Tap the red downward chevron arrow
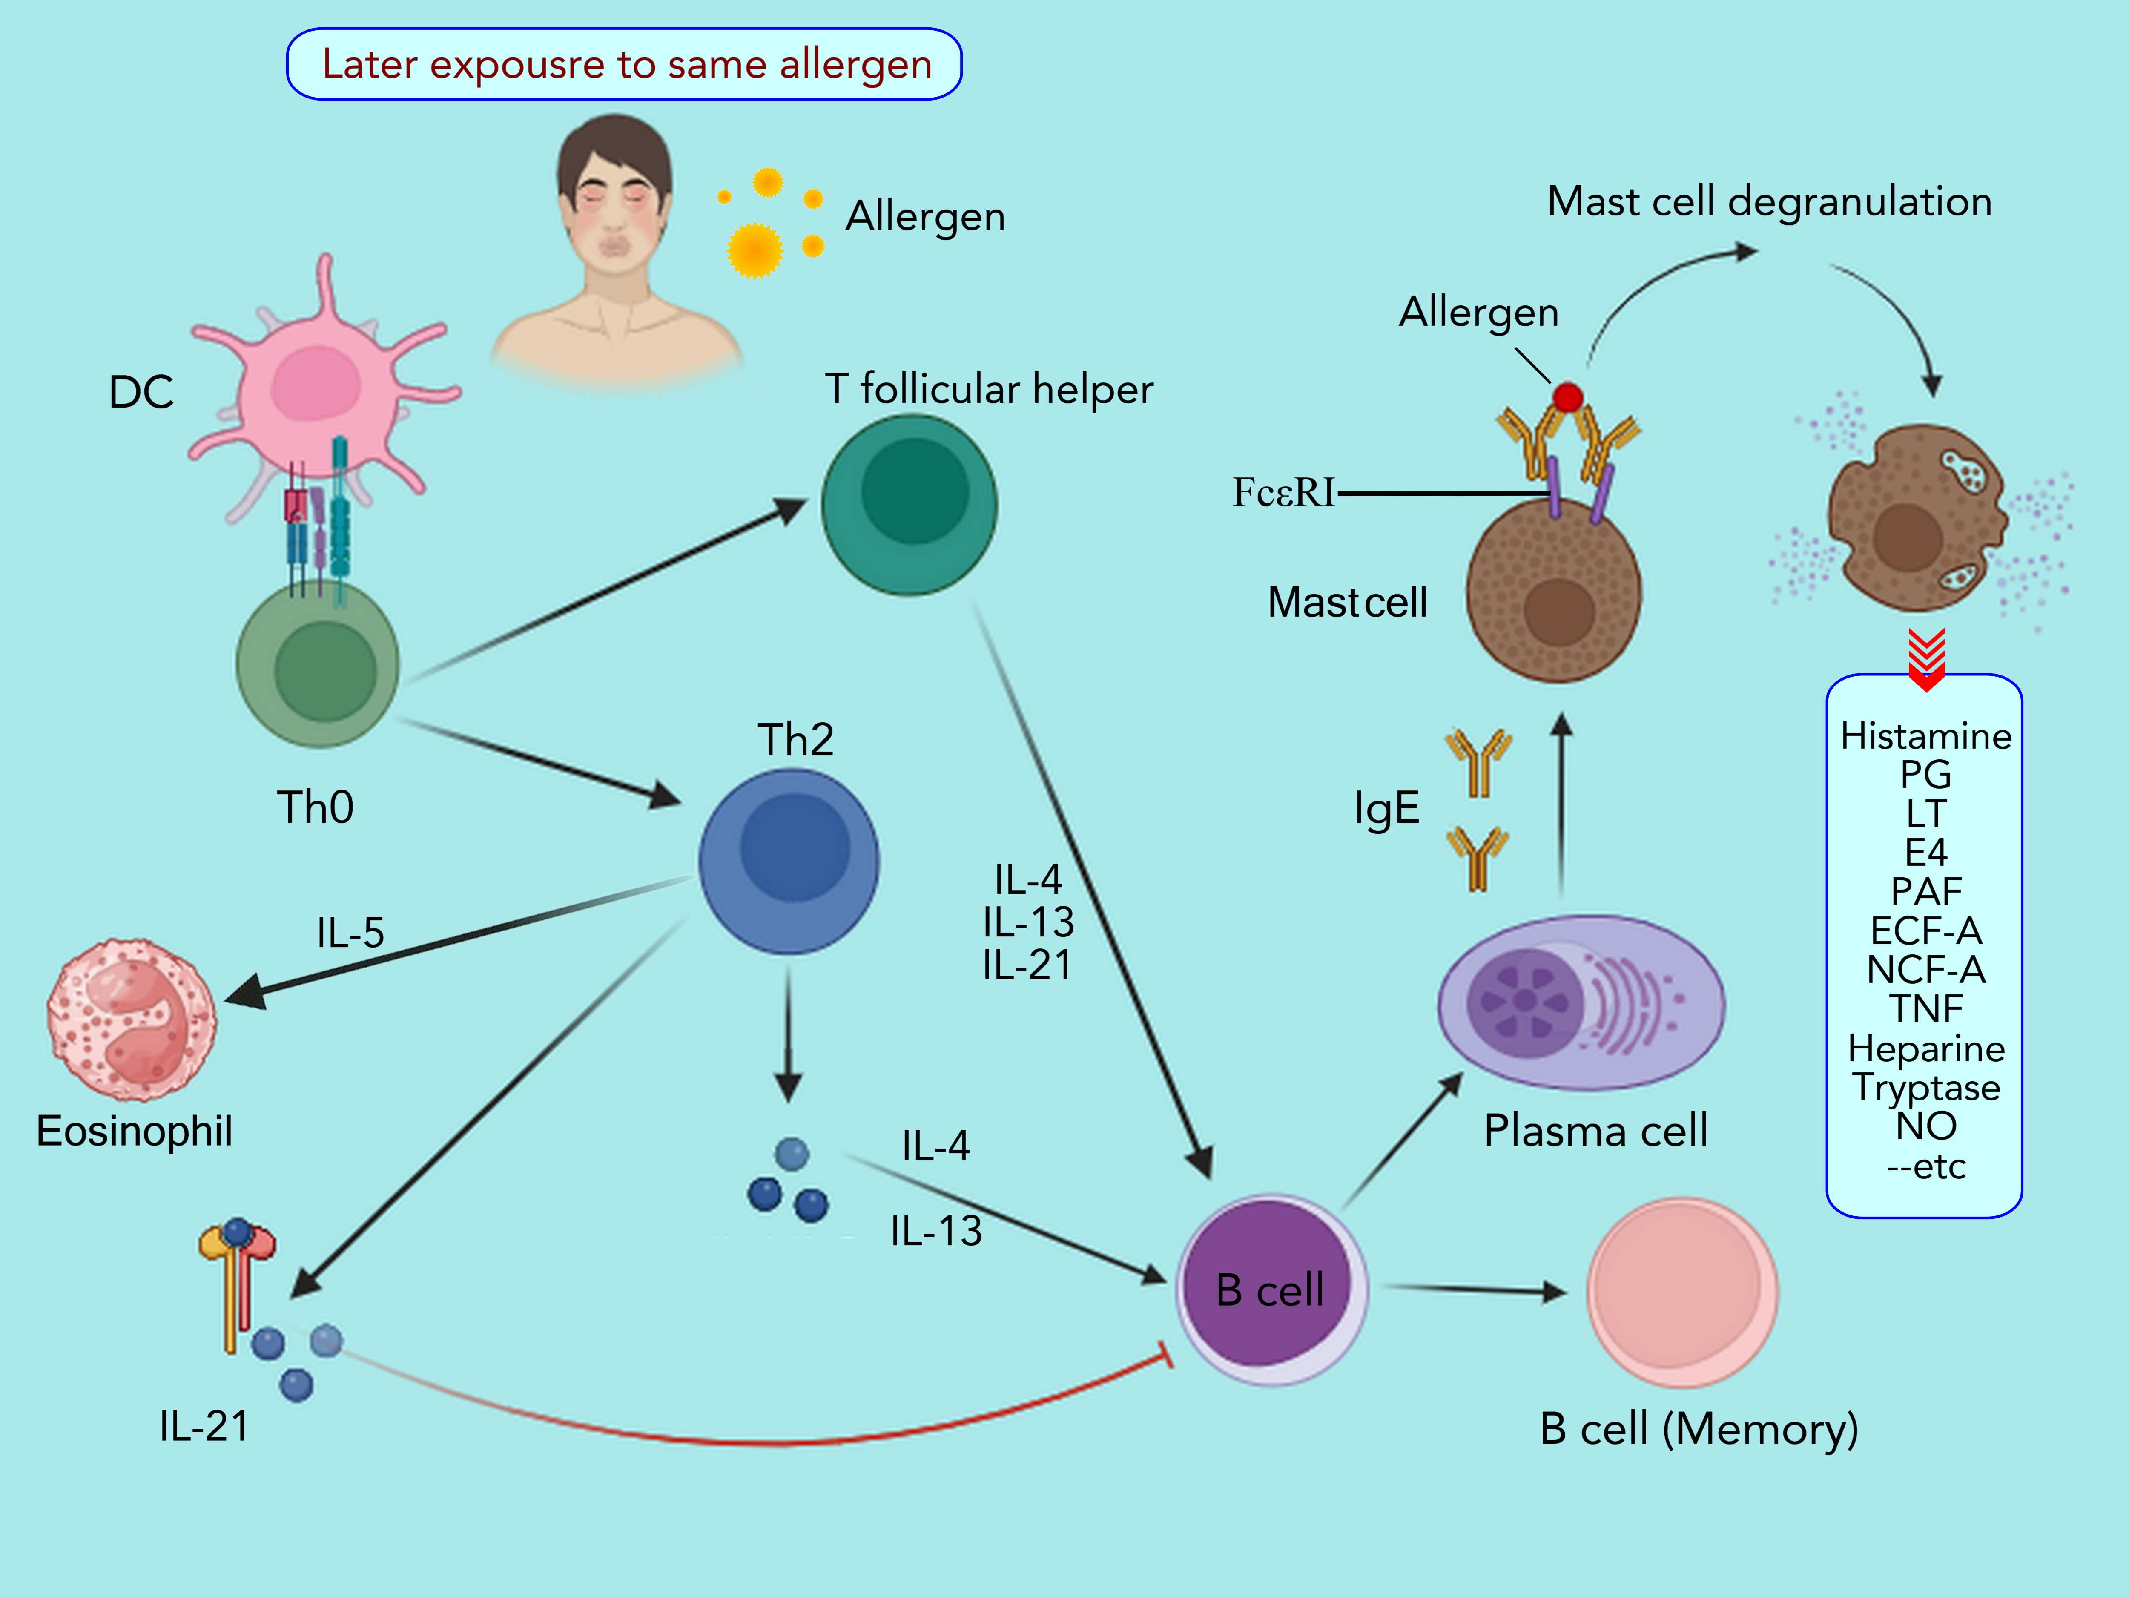point(1926,659)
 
